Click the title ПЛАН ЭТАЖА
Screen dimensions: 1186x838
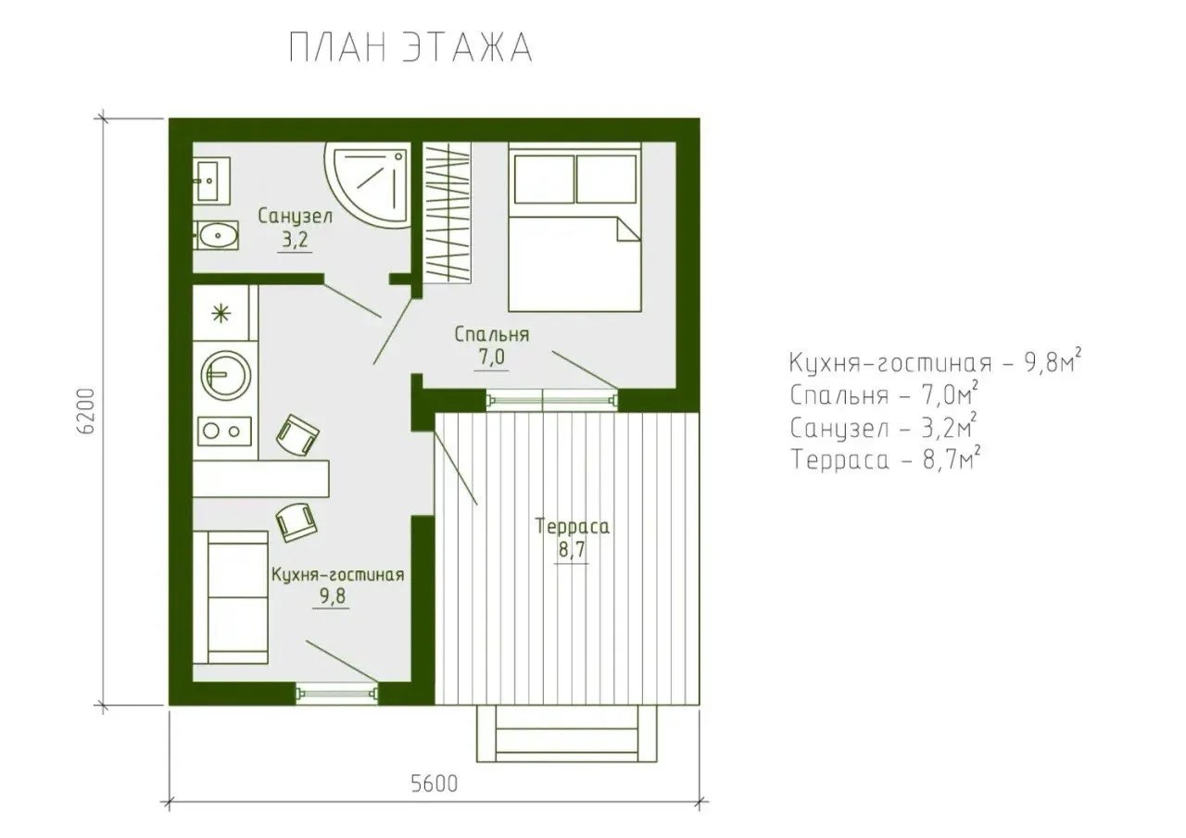pyautogui.click(x=410, y=48)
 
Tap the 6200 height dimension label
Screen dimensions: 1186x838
pyautogui.click(x=85, y=411)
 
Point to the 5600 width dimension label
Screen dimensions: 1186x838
pyautogui.click(x=435, y=783)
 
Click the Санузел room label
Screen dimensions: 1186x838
pyautogui.click(x=296, y=217)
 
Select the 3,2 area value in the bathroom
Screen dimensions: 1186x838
pyautogui.click(x=295, y=240)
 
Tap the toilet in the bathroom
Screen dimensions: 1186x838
pyautogui.click(x=216, y=235)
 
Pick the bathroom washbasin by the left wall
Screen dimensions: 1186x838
pyautogui.click(x=211, y=181)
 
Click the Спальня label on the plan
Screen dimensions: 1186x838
pyautogui.click(x=492, y=334)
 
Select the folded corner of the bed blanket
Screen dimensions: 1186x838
pyautogui.click(x=628, y=229)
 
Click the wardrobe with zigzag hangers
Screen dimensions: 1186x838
pyautogui.click(x=448, y=212)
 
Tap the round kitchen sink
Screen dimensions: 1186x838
pyautogui.click(x=226, y=376)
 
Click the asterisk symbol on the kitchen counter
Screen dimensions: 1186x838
pyautogui.click(x=221, y=313)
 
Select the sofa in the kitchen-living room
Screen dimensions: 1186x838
pyautogui.click(x=231, y=597)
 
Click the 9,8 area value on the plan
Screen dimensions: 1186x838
pyautogui.click(x=332, y=596)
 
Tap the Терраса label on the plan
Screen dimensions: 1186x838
pyautogui.click(x=572, y=527)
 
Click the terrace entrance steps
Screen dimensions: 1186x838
pyautogui.click(x=566, y=733)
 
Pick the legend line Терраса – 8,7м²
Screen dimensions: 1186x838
pyautogui.click(x=885, y=459)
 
